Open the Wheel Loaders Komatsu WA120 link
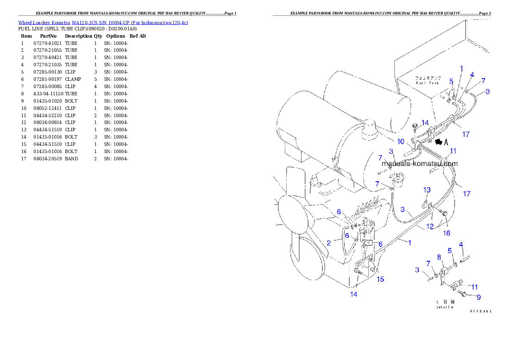[103, 23]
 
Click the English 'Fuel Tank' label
[426, 83]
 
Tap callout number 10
[401, 142]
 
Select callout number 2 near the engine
[328, 243]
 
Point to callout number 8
[439, 257]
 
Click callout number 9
[479, 297]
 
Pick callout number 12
[430, 226]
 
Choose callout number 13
[427, 190]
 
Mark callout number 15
[380, 279]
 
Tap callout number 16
[447, 233]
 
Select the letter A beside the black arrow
[446, 142]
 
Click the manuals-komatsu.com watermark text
[419, 163]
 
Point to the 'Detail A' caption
[444, 307]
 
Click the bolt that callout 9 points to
[462, 293]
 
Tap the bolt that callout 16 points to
[445, 212]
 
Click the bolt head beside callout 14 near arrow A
[414, 127]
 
